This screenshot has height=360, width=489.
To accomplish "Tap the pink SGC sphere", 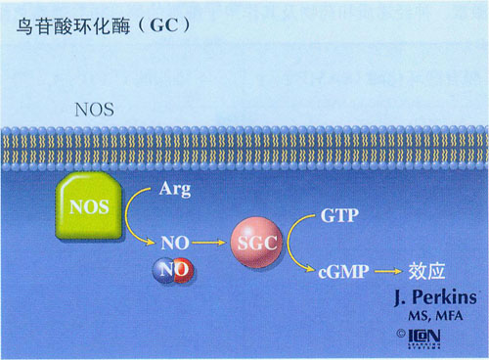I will (255, 239).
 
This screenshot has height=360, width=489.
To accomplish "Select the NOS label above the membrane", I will (94, 109).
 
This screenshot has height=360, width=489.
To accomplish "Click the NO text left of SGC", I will (173, 240).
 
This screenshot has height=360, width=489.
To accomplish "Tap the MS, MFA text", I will (431, 317).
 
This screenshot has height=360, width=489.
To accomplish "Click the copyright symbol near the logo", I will (401, 334).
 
